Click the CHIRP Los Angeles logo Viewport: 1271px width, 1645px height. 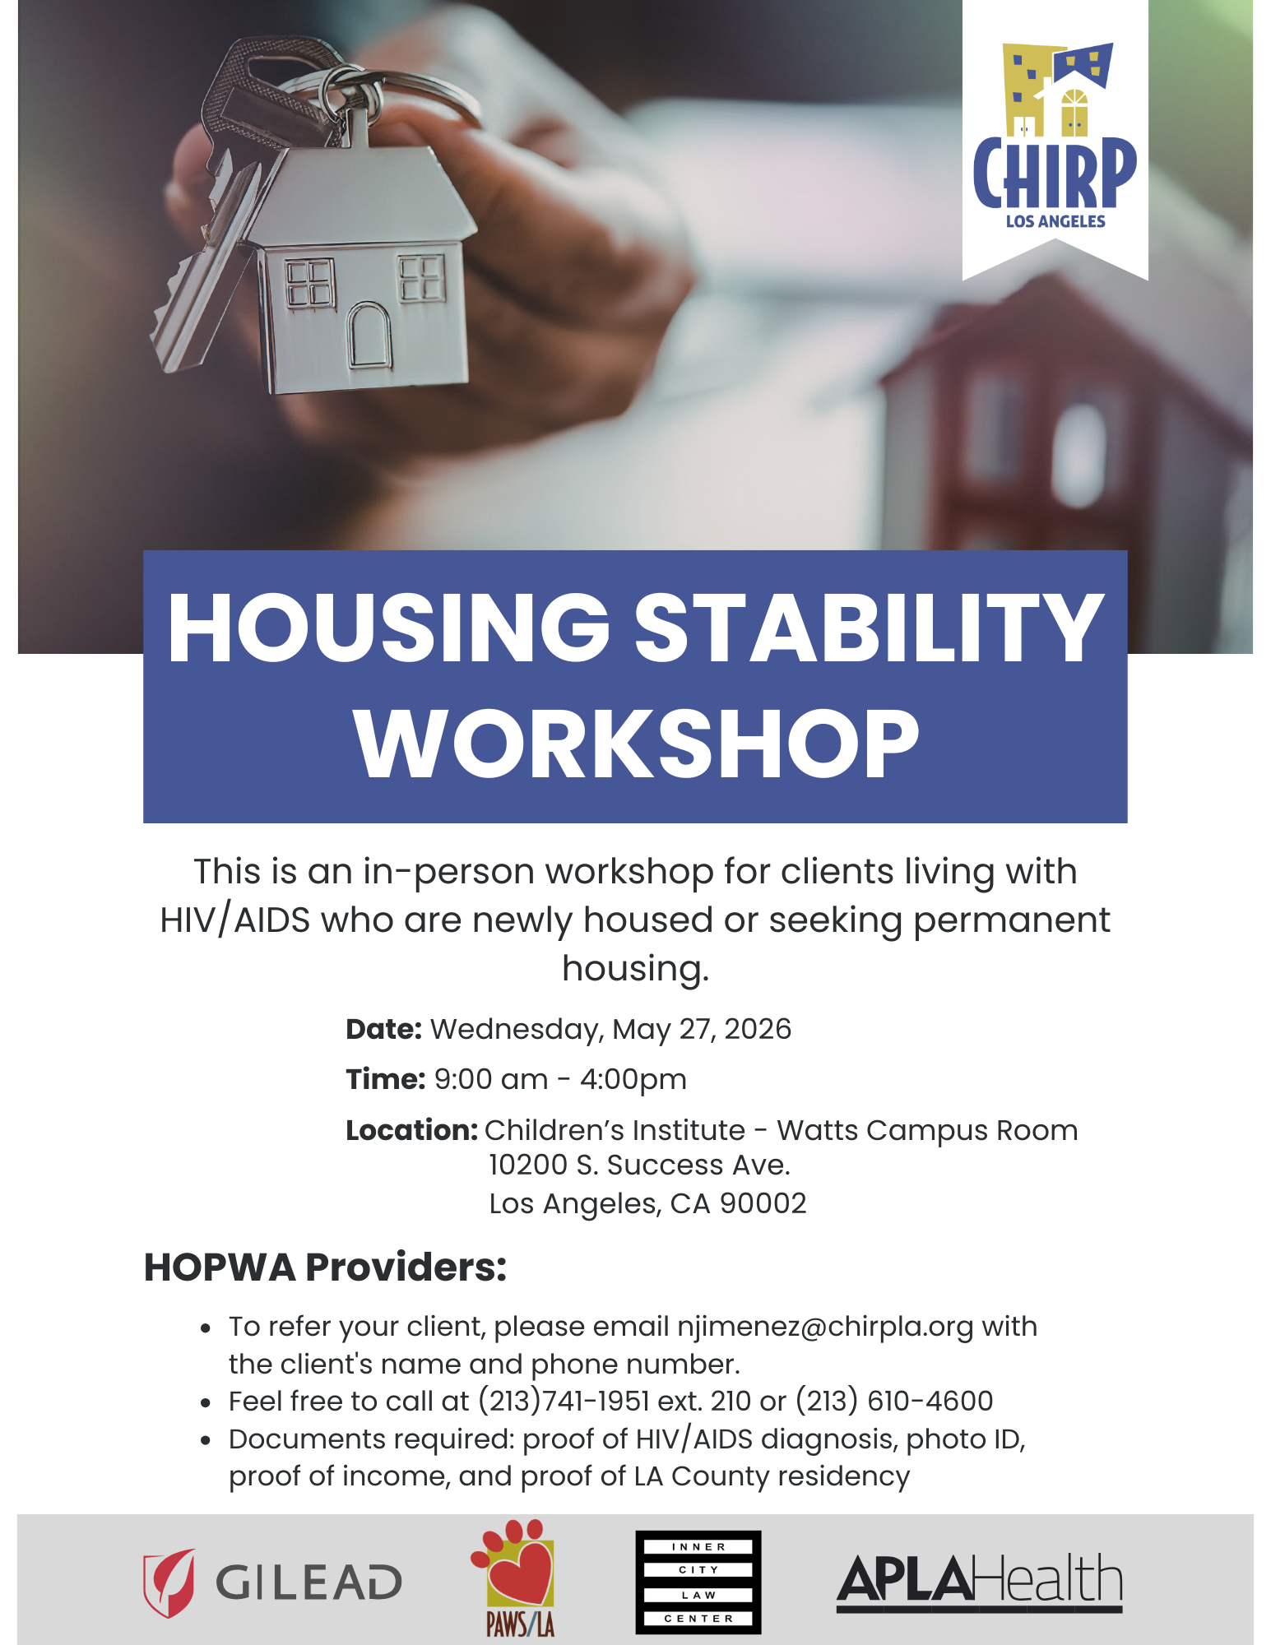pos(1055,136)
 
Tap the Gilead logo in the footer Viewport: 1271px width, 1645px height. pos(272,1582)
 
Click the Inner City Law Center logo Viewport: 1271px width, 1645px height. pos(698,1582)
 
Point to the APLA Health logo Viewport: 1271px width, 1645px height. pos(980,1582)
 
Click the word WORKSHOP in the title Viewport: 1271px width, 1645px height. pos(636,744)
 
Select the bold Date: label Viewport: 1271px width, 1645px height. pos(383,1029)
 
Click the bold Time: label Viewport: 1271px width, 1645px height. pos(385,1079)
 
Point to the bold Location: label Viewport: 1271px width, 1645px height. pos(411,1130)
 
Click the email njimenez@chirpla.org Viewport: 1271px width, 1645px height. pos(825,1327)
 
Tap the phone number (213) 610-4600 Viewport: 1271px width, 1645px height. pos(894,1401)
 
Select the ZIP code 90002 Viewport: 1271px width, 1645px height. pos(763,1203)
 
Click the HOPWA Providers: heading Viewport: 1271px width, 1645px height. pos(326,1267)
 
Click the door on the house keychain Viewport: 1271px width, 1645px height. pos(369,334)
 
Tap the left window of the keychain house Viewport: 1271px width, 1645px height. pos(310,284)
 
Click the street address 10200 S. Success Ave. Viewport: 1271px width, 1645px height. pos(639,1165)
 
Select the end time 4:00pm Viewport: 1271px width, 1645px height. pos(633,1080)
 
